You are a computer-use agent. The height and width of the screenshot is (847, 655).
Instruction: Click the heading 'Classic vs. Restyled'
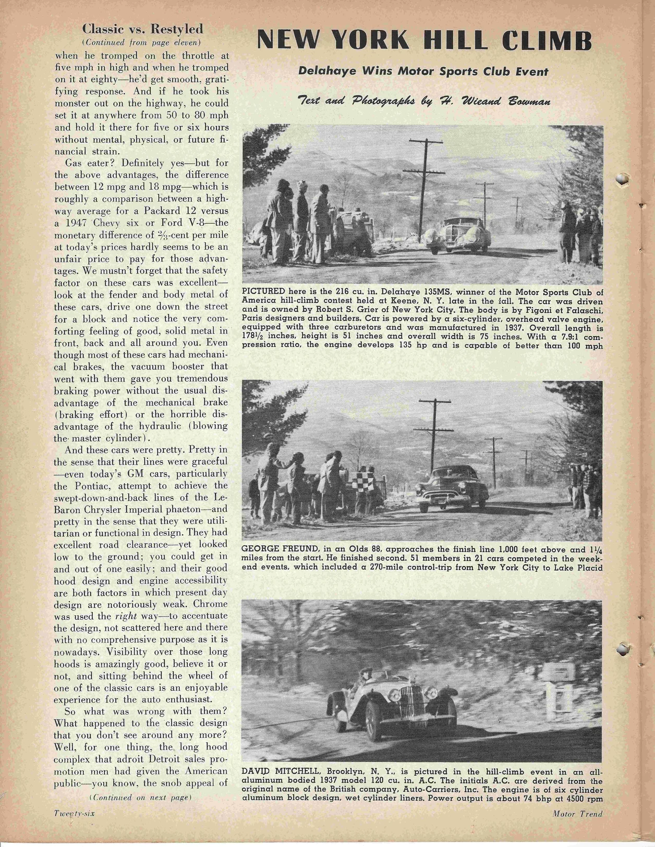[143, 29]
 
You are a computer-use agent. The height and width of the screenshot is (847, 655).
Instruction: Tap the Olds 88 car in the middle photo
[452, 489]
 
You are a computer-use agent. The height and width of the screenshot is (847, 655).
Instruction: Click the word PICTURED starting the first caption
[264, 291]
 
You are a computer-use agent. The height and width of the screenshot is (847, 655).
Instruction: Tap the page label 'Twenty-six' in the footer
[74, 814]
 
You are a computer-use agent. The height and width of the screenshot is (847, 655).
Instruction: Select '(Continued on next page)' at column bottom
[141, 797]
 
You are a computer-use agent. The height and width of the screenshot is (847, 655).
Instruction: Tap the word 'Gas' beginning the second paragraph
[75, 163]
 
